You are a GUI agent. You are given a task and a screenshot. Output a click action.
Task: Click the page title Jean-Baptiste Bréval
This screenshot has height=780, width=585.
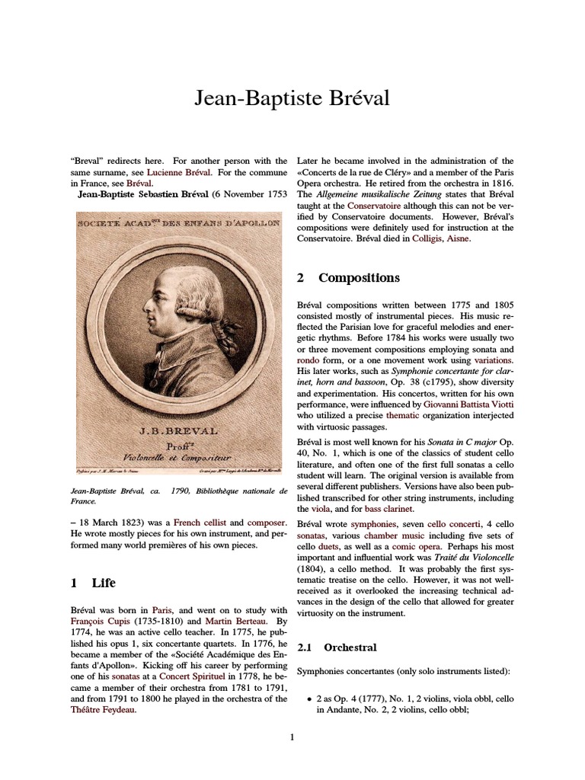[292, 100]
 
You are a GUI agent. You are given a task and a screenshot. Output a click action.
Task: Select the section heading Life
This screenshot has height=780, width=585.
[104, 583]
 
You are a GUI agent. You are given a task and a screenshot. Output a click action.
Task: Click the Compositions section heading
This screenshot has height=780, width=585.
[358, 278]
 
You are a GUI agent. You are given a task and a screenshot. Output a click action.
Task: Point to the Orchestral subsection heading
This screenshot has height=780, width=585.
[350, 647]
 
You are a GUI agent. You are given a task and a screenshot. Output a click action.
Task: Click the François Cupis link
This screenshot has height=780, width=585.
[101, 622]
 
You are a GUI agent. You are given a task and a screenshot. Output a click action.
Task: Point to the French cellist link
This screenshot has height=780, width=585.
[200, 523]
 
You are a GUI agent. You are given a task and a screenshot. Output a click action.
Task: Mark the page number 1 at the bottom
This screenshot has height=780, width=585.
[292, 736]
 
